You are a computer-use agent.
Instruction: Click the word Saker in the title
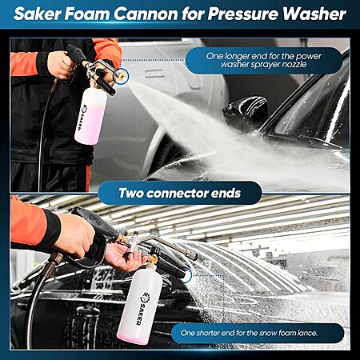pos(38,14)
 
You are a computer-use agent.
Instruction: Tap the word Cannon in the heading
pos(146,14)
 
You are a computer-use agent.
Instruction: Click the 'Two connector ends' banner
pos(180,193)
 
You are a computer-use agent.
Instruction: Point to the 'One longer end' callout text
pos(263,60)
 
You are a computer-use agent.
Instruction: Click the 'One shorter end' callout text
pos(249,333)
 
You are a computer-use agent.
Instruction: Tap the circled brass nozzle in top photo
pos(122,75)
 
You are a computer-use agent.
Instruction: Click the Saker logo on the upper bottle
pos(80,118)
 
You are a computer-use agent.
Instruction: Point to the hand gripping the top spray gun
pos(61,65)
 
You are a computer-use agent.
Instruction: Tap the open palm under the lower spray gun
pos(123,257)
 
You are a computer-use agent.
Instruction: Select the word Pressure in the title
pos(243,14)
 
